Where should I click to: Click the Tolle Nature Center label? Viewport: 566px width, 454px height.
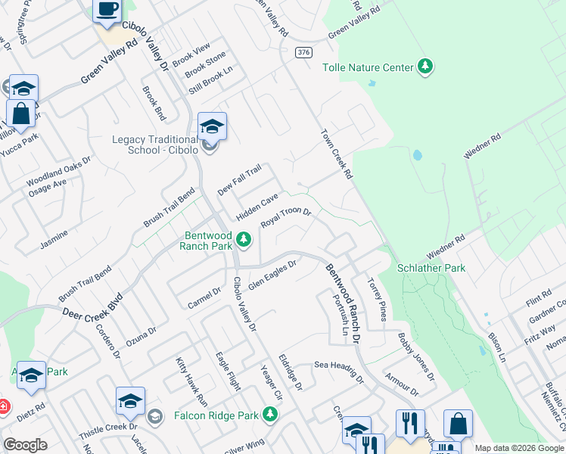(x=368, y=67)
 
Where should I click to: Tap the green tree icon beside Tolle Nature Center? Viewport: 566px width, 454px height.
(x=425, y=67)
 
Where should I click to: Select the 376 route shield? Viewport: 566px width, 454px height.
(x=303, y=51)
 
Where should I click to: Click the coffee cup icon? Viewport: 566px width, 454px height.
(x=107, y=11)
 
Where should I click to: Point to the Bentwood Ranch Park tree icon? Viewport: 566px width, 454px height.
(x=244, y=240)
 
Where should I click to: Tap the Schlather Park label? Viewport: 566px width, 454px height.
(x=432, y=269)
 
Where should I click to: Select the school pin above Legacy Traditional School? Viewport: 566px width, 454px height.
(x=212, y=127)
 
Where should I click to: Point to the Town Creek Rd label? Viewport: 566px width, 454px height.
(x=337, y=153)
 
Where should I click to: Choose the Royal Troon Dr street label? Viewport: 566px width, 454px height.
(x=287, y=217)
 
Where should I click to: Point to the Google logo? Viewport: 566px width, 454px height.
(x=26, y=445)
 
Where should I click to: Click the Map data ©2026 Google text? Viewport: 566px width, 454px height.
(x=518, y=448)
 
